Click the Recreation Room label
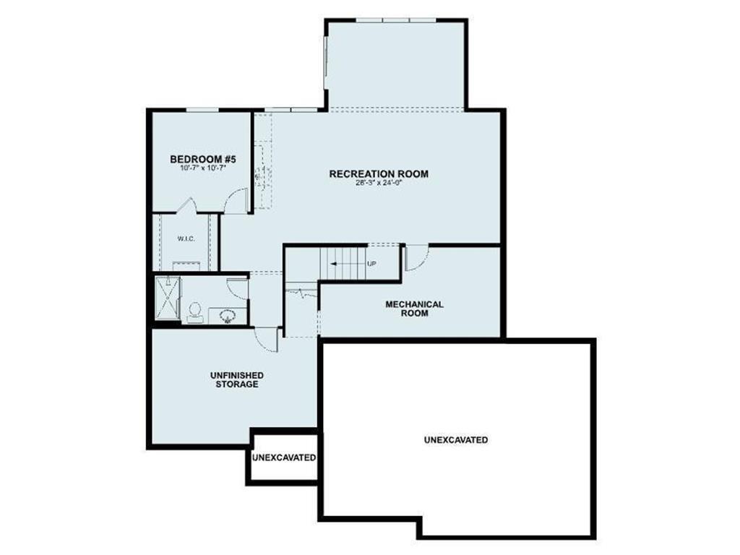point(379,173)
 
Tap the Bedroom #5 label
point(203,159)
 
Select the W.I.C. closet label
point(186,238)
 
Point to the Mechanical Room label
point(414,309)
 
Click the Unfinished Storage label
point(236,379)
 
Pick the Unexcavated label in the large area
point(455,439)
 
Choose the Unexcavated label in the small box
point(284,457)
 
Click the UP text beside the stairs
point(372,264)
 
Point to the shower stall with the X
point(169,298)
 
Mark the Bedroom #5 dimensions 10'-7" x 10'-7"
point(203,168)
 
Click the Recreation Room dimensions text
point(378,182)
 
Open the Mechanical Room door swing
point(415,257)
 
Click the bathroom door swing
point(238,287)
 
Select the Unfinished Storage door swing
point(267,338)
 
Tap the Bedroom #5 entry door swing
point(236,202)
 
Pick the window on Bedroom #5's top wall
point(203,110)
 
